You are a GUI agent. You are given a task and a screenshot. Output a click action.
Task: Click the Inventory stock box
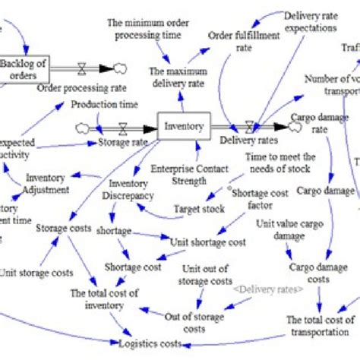click(x=183, y=126)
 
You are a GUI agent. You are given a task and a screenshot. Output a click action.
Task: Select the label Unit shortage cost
click(x=207, y=242)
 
